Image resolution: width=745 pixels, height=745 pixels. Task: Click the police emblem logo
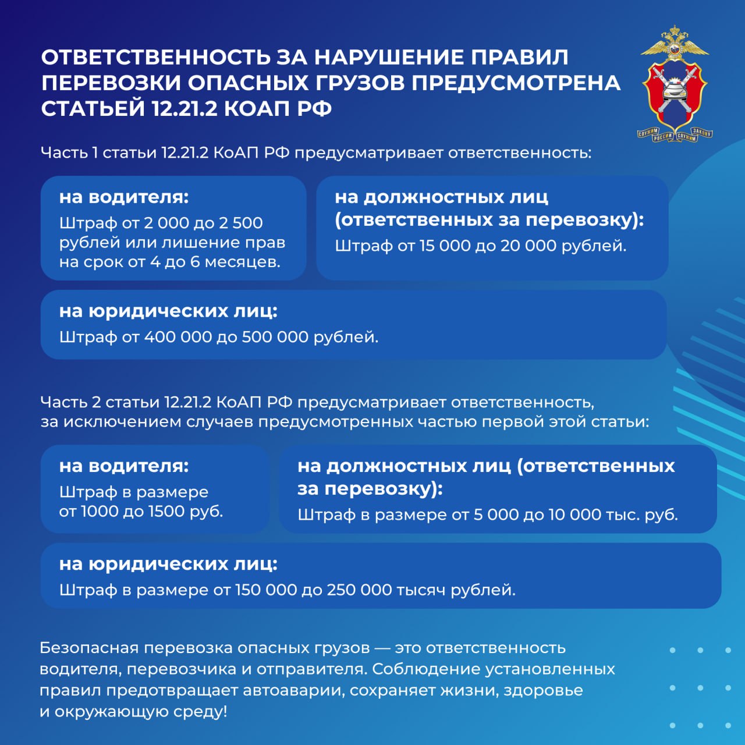point(675,84)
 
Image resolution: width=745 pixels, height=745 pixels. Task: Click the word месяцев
point(242,262)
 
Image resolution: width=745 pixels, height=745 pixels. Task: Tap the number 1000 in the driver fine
point(98,512)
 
